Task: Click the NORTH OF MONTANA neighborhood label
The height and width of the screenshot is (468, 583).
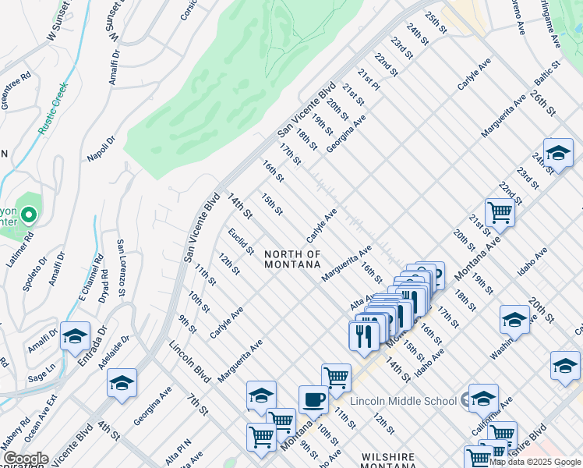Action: point(292,260)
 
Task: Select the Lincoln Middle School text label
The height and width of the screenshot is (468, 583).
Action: point(403,401)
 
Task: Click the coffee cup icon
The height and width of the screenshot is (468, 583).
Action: point(313,399)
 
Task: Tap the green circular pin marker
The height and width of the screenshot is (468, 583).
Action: point(29,214)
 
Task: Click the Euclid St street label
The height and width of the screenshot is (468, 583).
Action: point(241,240)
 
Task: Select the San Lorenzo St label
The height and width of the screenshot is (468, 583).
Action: point(121,269)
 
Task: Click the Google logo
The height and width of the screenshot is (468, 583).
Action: point(25,459)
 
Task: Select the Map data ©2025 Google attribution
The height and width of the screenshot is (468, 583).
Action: point(535,462)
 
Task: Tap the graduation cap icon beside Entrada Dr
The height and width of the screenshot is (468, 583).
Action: point(75,337)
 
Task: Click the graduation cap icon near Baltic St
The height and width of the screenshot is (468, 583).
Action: point(558,153)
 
